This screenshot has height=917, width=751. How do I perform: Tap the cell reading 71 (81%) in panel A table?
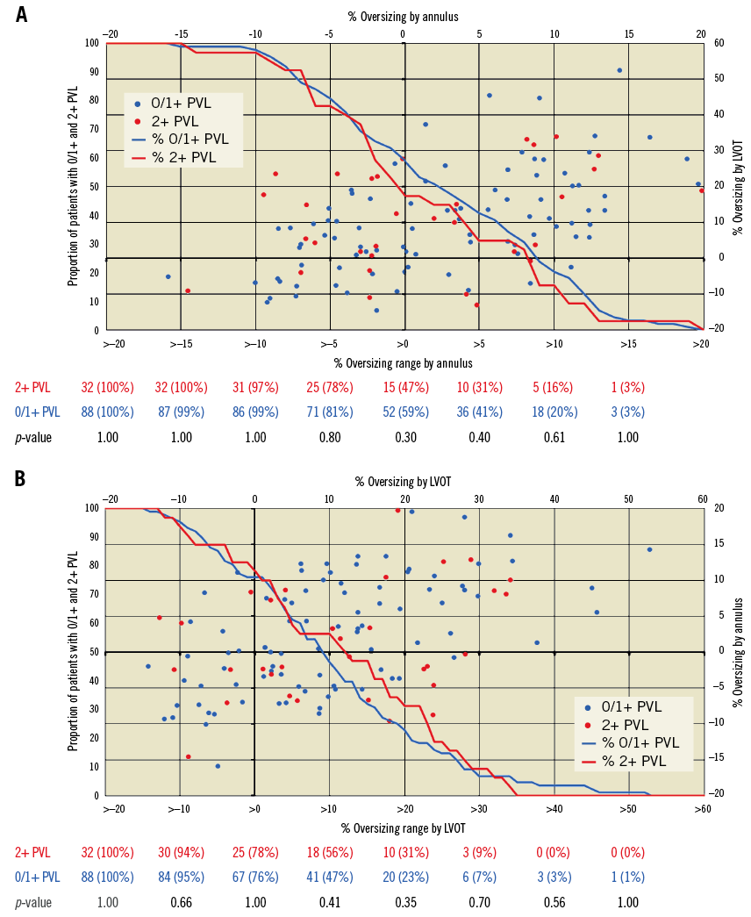(x=328, y=412)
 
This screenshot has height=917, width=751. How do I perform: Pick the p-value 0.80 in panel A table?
(x=328, y=437)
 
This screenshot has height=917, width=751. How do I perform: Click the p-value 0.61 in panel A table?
(x=553, y=437)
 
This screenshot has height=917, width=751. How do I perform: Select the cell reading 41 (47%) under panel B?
(x=328, y=878)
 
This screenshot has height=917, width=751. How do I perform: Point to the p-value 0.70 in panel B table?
(x=478, y=902)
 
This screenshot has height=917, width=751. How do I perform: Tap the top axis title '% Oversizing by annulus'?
(x=404, y=16)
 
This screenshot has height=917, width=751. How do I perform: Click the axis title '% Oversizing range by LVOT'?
(x=404, y=827)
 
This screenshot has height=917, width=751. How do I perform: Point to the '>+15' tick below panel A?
(x=628, y=345)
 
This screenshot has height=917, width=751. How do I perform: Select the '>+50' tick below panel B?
(x=628, y=810)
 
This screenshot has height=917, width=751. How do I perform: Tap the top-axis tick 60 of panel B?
(x=703, y=499)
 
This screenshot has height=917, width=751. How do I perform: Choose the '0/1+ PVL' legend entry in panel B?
(x=632, y=706)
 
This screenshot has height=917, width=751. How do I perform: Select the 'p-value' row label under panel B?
(x=32, y=902)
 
